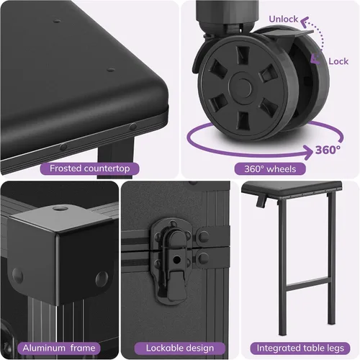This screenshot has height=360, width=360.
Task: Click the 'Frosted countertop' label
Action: coord(89,168)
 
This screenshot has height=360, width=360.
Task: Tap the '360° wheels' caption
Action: coord(270,169)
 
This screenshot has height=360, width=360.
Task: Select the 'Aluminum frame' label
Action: coord(59,348)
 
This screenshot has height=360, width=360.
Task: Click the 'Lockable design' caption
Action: coord(180,348)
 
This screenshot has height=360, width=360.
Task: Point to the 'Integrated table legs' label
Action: coord(300,348)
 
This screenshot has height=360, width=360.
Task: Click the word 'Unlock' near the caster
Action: coord(283,19)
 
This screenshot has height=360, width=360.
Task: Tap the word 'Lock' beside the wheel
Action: coord(338,61)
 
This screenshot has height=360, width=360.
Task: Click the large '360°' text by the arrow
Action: coord(328,150)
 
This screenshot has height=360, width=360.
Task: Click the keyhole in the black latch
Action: coord(176,259)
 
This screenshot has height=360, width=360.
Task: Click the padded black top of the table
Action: coord(292,188)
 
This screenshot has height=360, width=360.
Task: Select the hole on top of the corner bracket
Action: coord(58,208)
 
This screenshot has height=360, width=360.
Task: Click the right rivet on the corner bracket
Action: coord(102,279)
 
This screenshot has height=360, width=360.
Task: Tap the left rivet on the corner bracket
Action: coord(17,276)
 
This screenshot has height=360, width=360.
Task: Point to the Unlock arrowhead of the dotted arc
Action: coord(305,22)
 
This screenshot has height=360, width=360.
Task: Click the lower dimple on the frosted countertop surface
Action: coord(111,70)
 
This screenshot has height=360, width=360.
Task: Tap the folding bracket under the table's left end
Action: coord(261,201)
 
